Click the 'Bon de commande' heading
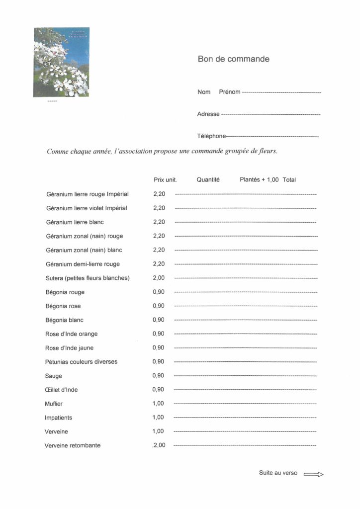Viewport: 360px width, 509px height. (233, 59)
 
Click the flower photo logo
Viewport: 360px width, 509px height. (62, 62)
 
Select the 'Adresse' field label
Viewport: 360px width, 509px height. (208, 114)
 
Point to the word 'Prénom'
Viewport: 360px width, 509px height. (229, 92)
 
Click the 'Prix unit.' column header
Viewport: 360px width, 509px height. (165, 180)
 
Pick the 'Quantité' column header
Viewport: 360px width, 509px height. (208, 180)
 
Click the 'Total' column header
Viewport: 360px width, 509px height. (289, 180)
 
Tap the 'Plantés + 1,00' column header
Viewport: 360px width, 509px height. (259, 180)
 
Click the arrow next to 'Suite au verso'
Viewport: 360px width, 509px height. (313, 474)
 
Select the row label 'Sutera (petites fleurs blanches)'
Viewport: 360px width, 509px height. (88, 278)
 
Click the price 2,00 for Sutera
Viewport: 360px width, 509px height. (159, 278)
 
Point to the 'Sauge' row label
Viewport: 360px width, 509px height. (53, 376)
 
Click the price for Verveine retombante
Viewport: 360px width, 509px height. (159, 445)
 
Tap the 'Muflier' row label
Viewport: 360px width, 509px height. (54, 404)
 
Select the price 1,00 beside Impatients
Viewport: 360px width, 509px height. (158, 418)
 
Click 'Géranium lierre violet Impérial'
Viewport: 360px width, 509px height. (87, 208)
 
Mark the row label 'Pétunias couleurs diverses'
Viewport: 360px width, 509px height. (81, 362)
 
